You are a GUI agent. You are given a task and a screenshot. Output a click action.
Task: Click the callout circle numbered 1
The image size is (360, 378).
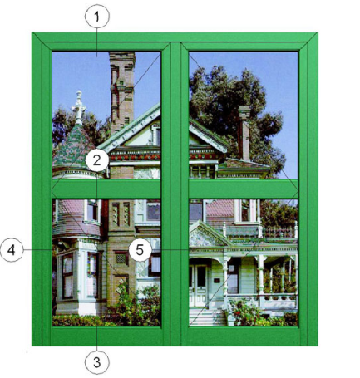point(97,17)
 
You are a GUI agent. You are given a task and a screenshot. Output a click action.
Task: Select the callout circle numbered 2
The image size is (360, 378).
point(96,160)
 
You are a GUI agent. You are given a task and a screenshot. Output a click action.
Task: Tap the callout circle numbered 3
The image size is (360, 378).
point(97,362)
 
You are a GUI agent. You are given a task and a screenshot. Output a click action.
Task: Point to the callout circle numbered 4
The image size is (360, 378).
point(11,250)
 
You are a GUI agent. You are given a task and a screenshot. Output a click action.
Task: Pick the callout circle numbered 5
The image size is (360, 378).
point(140,250)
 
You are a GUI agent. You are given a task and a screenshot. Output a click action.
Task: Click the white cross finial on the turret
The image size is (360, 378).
point(79,106)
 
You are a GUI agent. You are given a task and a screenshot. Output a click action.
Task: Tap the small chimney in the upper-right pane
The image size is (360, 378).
point(244,133)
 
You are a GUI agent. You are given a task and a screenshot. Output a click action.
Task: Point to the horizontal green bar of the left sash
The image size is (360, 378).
point(106,189)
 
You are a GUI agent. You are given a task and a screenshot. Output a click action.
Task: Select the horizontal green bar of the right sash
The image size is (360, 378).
point(244,189)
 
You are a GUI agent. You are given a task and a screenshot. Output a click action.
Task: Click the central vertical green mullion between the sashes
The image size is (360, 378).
point(175,194)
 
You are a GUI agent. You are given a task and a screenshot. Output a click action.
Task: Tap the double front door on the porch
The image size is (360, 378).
point(198,286)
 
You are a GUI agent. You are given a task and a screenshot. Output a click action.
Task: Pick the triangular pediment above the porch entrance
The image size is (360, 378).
point(209,234)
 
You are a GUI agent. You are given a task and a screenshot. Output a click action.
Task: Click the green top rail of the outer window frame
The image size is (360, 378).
point(175,37)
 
